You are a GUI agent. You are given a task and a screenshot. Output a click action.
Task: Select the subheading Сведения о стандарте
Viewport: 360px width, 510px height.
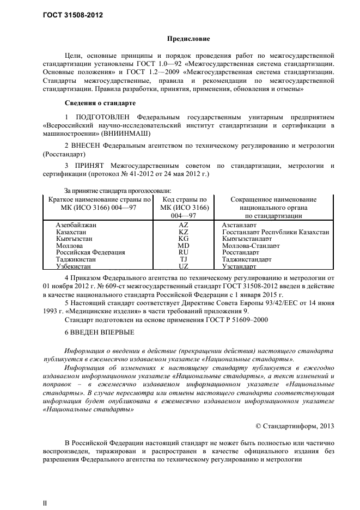coord(100,103)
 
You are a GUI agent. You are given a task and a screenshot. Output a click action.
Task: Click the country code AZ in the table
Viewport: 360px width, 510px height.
coord(184,224)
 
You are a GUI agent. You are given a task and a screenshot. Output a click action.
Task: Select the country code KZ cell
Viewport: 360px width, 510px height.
coord(184,232)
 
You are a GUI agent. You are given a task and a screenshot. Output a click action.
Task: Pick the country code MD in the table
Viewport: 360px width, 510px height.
coord(184,246)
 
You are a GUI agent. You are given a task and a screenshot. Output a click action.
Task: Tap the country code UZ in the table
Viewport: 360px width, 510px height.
coord(184,266)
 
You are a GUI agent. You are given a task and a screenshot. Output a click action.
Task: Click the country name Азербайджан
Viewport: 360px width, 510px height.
coord(76,224)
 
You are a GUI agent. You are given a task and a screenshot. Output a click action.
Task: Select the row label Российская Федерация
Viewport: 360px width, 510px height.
coord(90,253)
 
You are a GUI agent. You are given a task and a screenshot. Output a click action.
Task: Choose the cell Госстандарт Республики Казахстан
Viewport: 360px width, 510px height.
coord(276,232)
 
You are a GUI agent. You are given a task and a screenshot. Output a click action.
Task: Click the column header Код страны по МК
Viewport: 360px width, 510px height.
coord(184,208)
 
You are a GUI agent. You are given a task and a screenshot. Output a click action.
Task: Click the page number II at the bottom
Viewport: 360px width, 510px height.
coord(45,503)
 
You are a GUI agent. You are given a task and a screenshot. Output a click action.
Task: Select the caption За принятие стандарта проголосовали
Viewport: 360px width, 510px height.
coord(118,191)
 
